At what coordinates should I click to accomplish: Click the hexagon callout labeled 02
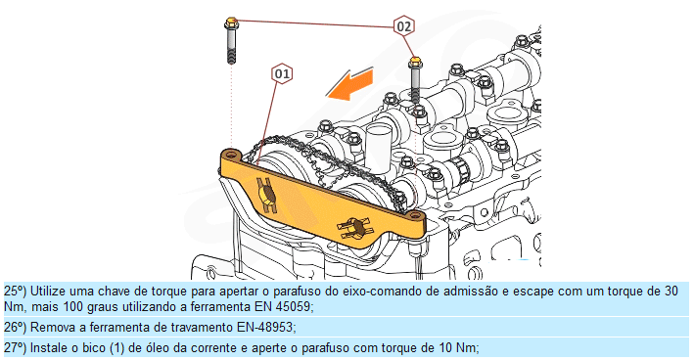(x=403, y=26)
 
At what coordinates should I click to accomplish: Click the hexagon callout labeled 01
(x=282, y=73)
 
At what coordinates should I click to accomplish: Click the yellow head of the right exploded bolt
(x=415, y=61)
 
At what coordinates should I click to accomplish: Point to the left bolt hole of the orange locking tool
(x=230, y=155)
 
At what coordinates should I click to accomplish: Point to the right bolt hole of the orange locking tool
(x=415, y=215)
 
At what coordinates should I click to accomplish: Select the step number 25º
(x=16, y=292)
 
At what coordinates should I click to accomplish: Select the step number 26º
(x=16, y=328)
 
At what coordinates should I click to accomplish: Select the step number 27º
(x=16, y=347)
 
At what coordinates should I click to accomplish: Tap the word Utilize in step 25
(x=48, y=292)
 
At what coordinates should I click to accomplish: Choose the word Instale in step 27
(x=49, y=347)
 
